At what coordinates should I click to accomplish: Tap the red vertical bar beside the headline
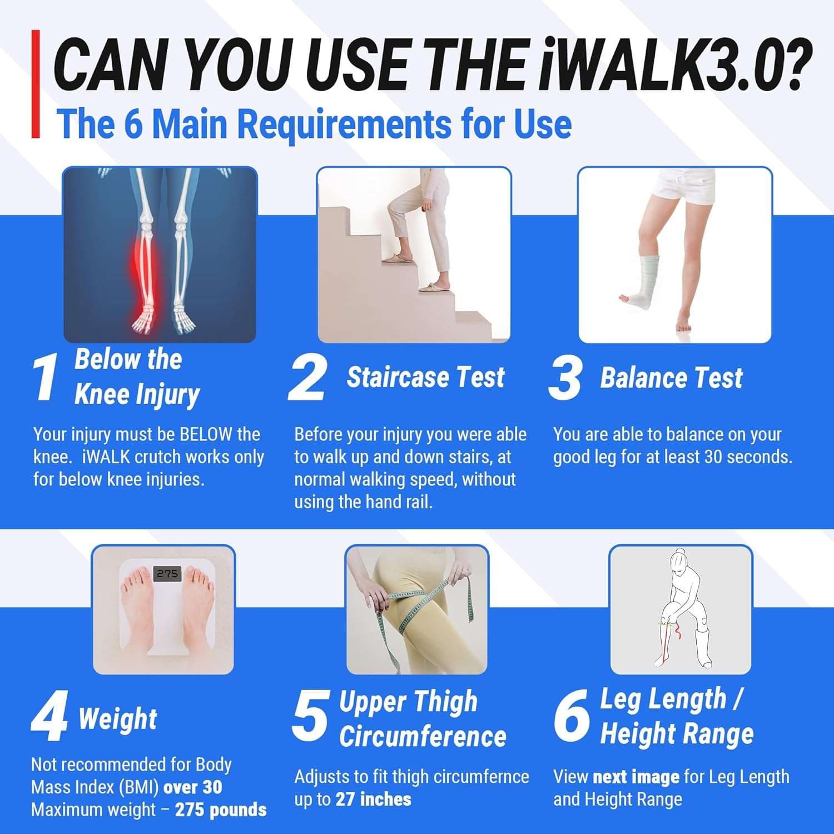click(36, 83)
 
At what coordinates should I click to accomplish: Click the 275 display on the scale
click(167, 573)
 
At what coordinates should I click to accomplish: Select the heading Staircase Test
click(426, 377)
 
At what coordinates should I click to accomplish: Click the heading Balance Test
click(671, 378)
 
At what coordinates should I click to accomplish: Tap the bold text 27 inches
click(373, 800)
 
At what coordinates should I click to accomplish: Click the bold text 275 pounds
click(221, 810)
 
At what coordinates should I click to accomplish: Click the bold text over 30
click(192, 787)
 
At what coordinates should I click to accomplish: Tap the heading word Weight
click(118, 718)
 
